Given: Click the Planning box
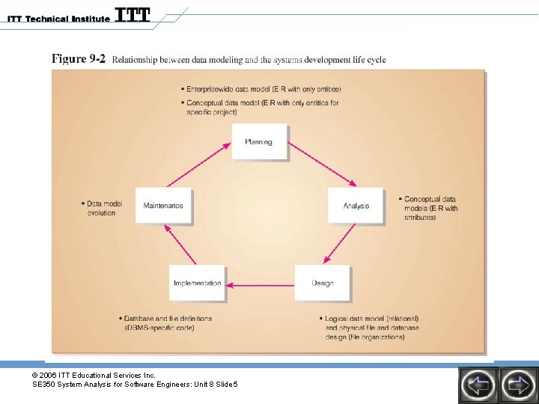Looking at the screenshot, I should (259, 141).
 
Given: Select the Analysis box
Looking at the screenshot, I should (356, 205).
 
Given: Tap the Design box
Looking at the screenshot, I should (322, 283).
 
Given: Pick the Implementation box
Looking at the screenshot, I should (198, 283).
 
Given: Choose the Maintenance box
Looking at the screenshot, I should (163, 205).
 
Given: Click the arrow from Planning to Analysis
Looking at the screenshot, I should (322, 165).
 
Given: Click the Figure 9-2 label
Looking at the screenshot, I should (79, 59).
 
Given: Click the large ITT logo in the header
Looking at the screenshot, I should (133, 15).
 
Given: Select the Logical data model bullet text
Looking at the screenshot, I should (372, 328).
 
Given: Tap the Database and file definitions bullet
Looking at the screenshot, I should (168, 323).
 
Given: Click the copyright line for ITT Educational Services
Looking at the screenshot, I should (94, 374).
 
